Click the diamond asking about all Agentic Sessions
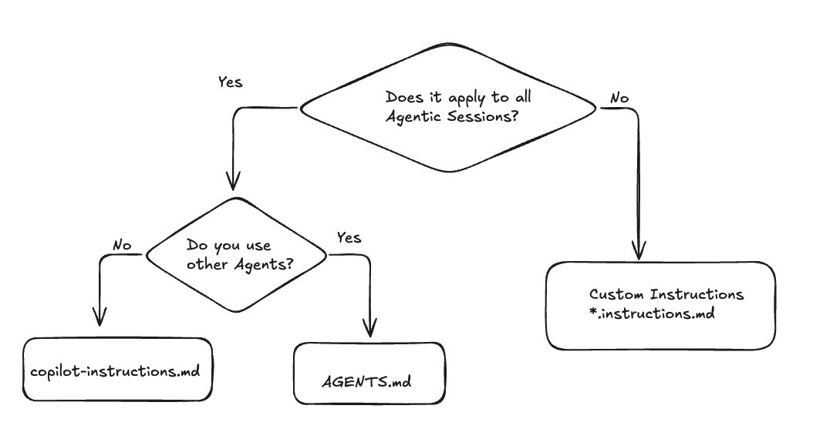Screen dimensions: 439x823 pos(447,108)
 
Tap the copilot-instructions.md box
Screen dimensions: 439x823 pos(116,370)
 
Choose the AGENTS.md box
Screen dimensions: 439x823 pos(369,374)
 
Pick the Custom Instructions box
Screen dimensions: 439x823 pos(660,305)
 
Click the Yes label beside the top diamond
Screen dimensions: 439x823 pos(230,82)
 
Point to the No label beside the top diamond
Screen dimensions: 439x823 pos(619,99)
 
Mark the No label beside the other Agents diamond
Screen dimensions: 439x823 pos(122,246)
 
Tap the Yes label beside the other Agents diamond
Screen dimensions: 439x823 pos(349,238)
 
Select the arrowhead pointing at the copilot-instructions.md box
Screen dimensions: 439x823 pos(100,316)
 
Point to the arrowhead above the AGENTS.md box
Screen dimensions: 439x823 pos(371,327)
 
